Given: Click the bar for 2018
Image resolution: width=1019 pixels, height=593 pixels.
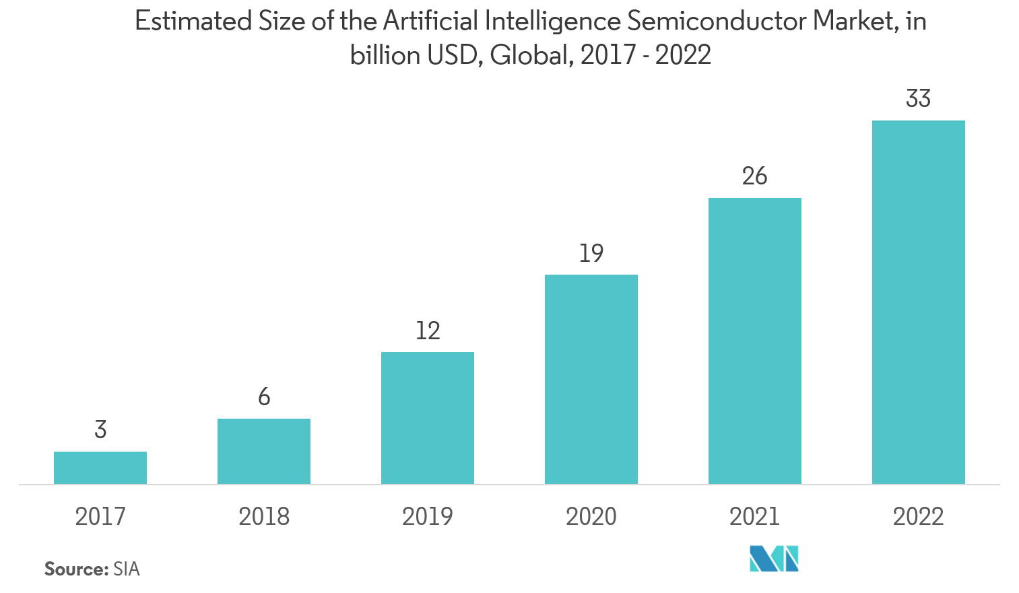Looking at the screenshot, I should (264, 451).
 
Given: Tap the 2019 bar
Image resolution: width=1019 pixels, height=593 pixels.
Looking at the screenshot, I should (428, 417).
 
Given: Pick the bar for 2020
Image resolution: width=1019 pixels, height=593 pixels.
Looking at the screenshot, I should (591, 379).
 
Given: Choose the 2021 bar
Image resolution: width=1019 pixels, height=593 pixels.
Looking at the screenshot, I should (755, 341).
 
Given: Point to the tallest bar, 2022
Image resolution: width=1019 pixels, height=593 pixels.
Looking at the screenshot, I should (919, 302).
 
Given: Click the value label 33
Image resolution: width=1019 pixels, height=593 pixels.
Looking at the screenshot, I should (919, 99).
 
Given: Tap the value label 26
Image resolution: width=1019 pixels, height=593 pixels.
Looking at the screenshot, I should (754, 176).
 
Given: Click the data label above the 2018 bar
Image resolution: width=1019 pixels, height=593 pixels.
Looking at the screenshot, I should (264, 397).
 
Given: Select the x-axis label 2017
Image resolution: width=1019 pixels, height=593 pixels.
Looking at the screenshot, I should (100, 516).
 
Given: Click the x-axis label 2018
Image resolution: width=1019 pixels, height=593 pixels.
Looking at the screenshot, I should (264, 516).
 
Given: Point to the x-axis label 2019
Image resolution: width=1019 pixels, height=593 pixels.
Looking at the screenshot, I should (428, 516).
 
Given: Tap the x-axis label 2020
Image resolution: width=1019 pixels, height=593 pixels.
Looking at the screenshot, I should (591, 516).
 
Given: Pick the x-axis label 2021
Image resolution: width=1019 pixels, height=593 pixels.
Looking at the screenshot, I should (755, 516).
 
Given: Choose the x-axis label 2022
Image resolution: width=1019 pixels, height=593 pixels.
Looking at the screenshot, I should (919, 516).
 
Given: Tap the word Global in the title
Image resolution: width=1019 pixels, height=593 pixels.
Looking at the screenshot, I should (531, 55).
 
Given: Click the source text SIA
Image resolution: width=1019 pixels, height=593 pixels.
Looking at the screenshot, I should (127, 569).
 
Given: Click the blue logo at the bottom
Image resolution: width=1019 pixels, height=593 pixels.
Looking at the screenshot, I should (774, 559).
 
